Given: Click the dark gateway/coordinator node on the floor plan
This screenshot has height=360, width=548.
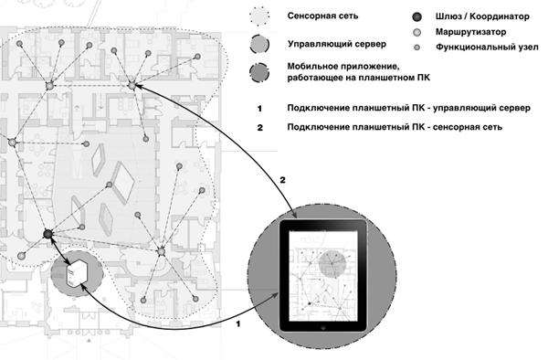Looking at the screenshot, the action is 47,234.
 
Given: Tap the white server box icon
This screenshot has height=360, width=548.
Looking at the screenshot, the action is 76,272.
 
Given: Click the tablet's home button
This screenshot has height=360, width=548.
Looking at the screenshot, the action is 323,328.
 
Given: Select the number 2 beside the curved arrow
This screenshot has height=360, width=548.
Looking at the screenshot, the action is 282,180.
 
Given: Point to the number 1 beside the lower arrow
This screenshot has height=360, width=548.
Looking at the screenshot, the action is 238,324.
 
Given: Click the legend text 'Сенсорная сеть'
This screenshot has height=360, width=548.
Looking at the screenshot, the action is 322,16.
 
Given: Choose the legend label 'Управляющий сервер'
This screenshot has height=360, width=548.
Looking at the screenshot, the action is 337,44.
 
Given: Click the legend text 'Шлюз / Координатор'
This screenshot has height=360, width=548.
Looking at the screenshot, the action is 482,16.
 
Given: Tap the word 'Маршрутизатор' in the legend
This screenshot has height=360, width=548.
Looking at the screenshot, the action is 470,32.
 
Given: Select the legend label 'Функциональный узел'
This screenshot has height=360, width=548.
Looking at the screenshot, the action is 487,47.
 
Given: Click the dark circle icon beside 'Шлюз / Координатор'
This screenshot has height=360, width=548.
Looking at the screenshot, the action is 416,16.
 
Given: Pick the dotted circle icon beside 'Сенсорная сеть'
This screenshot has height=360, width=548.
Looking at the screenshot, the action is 259,16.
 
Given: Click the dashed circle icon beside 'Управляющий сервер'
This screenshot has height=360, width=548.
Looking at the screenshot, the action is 259,45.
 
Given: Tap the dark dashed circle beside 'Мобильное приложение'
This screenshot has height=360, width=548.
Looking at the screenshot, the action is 259,72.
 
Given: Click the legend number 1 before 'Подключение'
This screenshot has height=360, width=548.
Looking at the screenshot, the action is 259,109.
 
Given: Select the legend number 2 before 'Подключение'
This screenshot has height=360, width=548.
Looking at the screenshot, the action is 259,128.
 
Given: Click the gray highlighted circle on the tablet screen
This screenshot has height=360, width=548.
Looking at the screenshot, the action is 332,263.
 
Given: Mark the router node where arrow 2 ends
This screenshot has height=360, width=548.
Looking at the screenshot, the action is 132,85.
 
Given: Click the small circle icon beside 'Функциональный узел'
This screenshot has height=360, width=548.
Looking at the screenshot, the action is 416,48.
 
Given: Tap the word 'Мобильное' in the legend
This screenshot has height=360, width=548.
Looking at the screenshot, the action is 311,67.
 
